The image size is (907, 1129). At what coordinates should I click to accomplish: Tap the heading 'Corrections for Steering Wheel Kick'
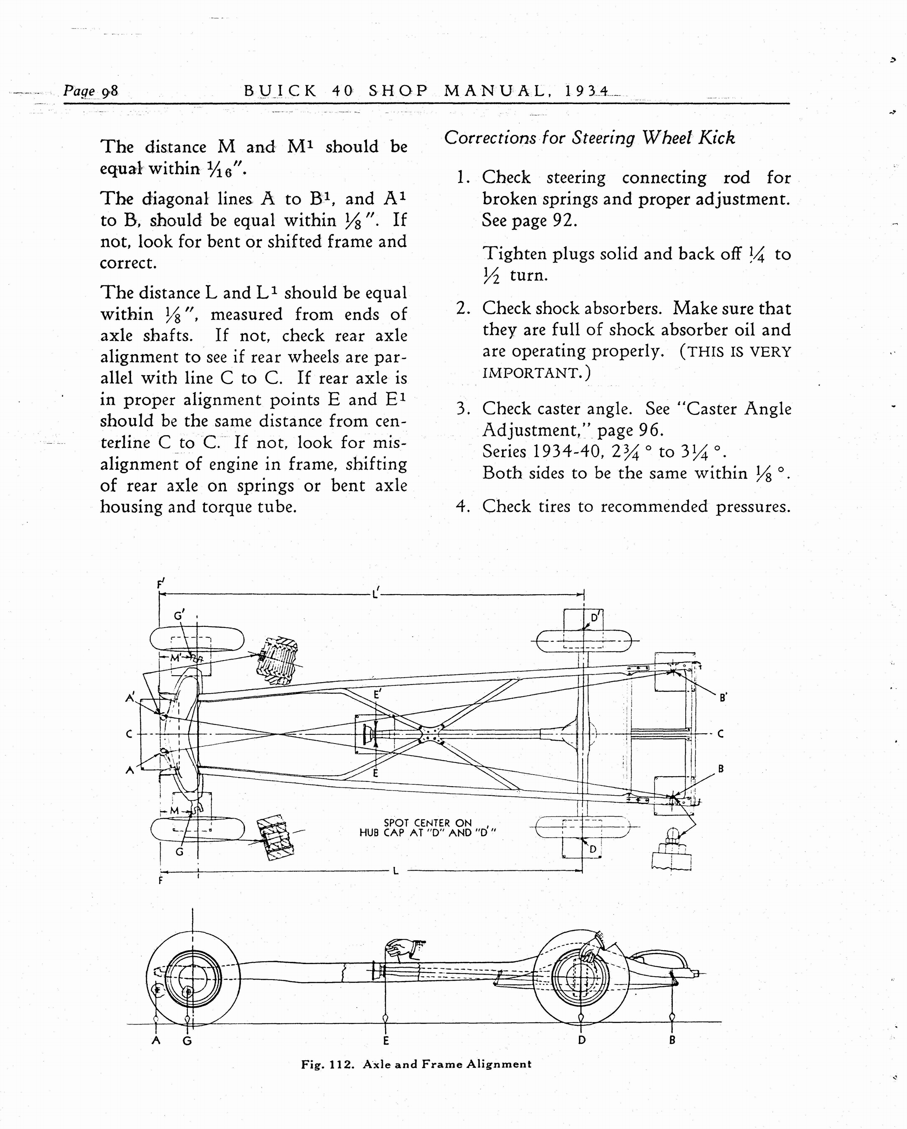pyautogui.click(x=589, y=138)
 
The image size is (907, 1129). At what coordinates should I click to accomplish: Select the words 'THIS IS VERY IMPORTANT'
pyautogui.click(x=636, y=362)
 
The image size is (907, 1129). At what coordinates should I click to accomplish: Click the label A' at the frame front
pyautogui.click(x=130, y=697)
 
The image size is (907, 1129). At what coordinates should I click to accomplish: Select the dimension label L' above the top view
pyautogui.click(x=375, y=594)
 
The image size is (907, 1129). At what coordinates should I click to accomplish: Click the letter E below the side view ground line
pyautogui.click(x=386, y=1041)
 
